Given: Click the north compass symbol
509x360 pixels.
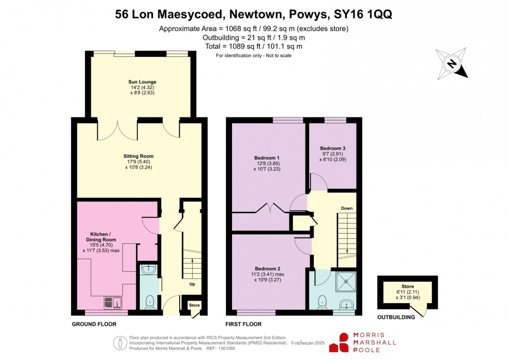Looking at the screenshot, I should click(452, 63).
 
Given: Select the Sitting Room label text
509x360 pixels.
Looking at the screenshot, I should click(138, 156).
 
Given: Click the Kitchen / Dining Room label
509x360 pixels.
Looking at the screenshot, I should click(103, 237).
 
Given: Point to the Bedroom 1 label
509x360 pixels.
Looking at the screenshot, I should click(266, 158).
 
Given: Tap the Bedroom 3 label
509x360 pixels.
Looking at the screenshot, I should click(333, 149).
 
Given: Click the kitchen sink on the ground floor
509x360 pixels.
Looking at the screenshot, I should click(113, 302).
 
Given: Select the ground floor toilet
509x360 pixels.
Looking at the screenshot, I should click(149, 302).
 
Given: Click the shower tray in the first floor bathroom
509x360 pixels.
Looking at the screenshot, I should click(346, 283).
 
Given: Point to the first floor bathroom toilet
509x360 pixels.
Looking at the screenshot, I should click(322, 301).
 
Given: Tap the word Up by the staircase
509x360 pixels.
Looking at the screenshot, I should click(192, 284).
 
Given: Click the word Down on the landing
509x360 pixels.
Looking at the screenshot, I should click(347, 208).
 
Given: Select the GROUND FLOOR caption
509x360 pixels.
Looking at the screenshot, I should click(94, 324).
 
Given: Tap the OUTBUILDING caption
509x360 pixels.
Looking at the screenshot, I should click(396, 317).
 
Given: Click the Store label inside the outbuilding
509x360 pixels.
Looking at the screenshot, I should click(408, 287).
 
